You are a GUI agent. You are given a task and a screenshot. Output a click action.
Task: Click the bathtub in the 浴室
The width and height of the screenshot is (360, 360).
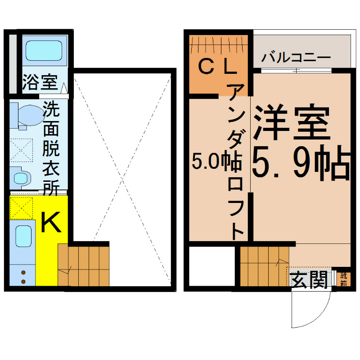(x=44, y=51)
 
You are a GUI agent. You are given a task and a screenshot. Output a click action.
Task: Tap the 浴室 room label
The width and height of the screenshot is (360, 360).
(x=40, y=82)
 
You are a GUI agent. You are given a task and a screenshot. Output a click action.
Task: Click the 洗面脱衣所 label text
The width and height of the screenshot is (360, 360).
(x=51, y=148)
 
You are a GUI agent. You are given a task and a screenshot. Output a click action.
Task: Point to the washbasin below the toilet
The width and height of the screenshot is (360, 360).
(x=20, y=178)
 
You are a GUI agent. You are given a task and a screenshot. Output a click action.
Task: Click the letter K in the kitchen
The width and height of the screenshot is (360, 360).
(x=51, y=222)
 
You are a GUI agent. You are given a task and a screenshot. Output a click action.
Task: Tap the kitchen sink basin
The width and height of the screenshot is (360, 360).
(x=23, y=236)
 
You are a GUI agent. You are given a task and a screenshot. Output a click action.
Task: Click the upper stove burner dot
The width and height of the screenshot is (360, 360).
(x=23, y=273)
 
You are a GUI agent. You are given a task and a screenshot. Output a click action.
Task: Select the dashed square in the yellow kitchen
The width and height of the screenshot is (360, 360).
(x=21, y=208)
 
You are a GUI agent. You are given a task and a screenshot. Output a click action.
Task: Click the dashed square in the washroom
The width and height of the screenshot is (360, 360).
(x=21, y=150)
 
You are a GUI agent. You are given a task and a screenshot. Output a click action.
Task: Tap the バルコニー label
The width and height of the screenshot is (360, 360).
(x=296, y=58)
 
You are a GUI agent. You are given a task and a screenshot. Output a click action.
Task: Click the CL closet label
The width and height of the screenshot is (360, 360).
(x=217, y=66)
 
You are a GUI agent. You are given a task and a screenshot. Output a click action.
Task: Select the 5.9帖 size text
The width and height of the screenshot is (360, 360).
(x=301, y=162)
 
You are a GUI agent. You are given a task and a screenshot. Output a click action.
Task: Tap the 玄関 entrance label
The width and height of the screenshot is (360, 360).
(x=308, y=279)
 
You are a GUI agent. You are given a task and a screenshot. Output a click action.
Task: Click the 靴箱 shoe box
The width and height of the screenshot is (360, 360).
(x=344, y=279)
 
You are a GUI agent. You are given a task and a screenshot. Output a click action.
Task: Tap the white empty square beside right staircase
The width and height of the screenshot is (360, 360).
(x=212, y=266)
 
